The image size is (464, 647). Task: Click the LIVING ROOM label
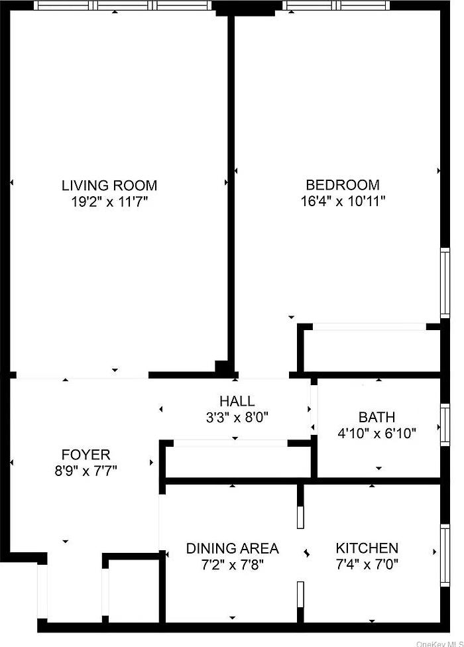tap(109, 185)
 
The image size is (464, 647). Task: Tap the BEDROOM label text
tap(342, 185)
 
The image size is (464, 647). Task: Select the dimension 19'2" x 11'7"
tap(109, 202)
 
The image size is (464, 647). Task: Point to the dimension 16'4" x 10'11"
tap(342, 202)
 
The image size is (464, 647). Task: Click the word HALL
tap(237, 401)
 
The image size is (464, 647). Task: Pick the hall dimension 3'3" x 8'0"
tap(237, 418)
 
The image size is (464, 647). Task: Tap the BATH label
tap(377, 417)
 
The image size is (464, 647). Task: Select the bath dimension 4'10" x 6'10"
tap(377, 434)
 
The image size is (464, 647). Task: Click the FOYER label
tap(86, 455)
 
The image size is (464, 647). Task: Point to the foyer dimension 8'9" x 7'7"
tap(86, 471)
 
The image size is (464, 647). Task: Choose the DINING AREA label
tap(232, 548)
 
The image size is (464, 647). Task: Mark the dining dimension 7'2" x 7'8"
tap(232, 565)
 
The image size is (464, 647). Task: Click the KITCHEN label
tap(367, 548)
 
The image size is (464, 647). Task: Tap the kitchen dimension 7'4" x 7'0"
tap(367, 565)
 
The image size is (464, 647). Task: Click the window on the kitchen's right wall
tap(445, 556)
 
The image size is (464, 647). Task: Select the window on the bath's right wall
tap(445, 424)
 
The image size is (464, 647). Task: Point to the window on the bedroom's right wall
tap(445, 282)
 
